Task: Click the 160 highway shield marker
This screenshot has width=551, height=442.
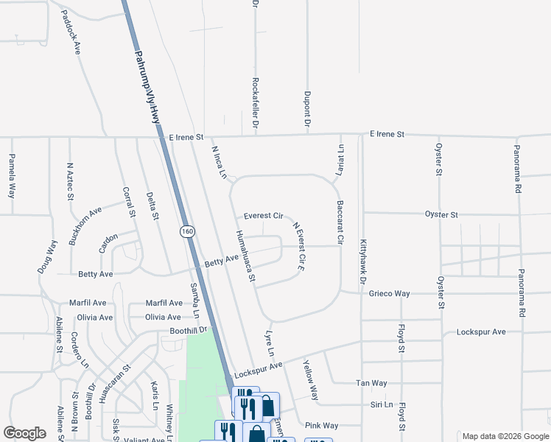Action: tap(188, 231)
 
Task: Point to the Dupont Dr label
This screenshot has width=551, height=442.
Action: tap(306, 108)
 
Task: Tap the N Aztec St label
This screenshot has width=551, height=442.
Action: tap(71, 182)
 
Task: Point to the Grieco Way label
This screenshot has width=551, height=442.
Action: tap(390, 293)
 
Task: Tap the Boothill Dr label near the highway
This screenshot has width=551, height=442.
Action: tap(190, 331)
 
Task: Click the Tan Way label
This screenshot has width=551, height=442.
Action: tap(371, 383)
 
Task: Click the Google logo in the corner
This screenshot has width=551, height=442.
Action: tap(24, 433)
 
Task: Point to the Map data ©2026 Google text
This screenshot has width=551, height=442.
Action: tap(505, 436)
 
